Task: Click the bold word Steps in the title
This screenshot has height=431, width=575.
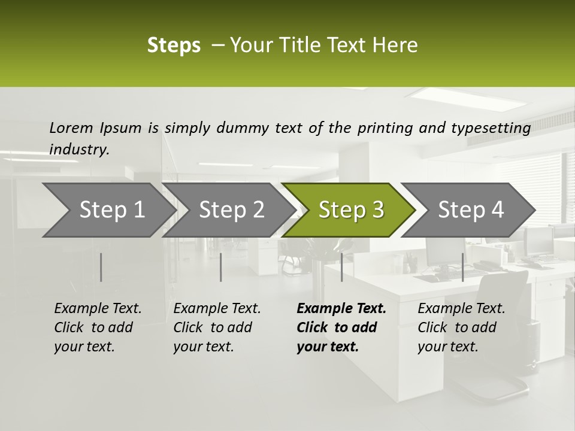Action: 174,45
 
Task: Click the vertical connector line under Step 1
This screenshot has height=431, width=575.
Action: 101,267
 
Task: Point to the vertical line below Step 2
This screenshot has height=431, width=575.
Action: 221,267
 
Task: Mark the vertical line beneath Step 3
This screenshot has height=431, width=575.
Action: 341,267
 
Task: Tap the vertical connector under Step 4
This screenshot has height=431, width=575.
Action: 462,267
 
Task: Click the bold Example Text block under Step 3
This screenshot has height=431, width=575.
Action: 341,327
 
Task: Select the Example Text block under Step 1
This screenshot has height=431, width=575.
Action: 98,327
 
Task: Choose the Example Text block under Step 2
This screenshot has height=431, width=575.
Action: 217,327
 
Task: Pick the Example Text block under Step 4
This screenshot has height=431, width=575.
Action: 461,327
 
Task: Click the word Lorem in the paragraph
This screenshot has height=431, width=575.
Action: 71,128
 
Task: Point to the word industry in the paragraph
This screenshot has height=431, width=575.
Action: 79,150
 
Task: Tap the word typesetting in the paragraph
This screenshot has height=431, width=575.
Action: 489,128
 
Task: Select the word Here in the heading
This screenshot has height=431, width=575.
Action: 398,45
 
